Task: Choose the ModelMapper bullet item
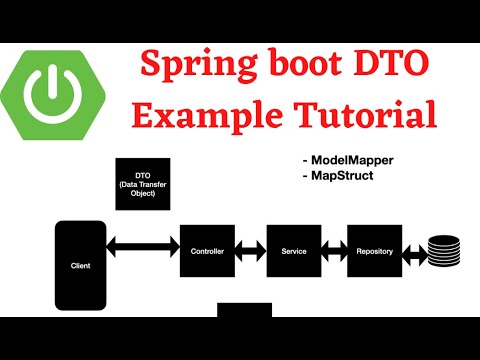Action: [346, 159]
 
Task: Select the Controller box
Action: [207, 251]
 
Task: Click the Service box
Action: [293, 251]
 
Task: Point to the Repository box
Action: [373, 251]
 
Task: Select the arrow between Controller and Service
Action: [250, 251]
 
